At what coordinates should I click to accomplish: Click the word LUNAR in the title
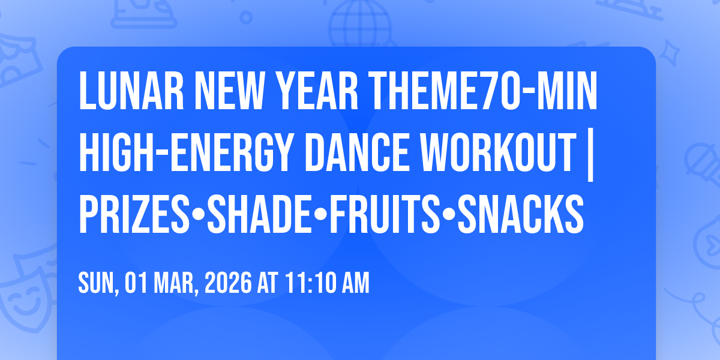(x=131, y=91)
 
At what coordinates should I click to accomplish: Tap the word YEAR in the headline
(x=317, y=91)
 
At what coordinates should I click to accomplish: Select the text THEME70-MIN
(x=483, y=91)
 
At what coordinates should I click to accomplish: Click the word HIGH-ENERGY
(x=185, y=152)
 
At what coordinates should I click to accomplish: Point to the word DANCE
(x=357, y=152)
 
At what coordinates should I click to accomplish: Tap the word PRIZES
(x=134, y=214)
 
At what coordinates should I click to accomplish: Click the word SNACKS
(x=521, y=214)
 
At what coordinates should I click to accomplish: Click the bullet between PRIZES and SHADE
(x=199, y=214)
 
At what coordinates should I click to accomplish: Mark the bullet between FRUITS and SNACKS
(x=449, y=214)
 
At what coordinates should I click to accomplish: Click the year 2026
(x=228, y=283)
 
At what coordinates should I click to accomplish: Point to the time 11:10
(x=309, y=283)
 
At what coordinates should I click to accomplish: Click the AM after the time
(x=355, y=283)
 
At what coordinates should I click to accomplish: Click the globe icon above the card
(x=360, y=23)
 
